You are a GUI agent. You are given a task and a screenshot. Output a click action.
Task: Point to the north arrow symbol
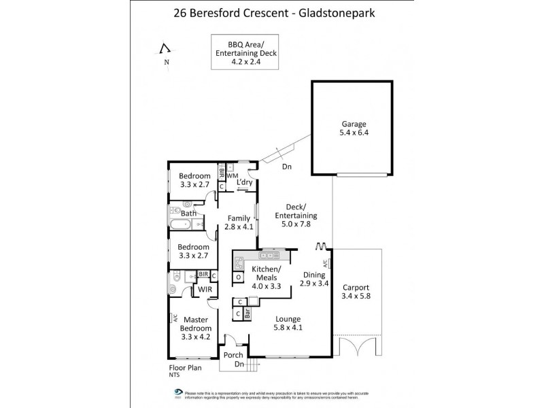[164, 49]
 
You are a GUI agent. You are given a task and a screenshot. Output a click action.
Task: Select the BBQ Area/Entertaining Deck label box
[236, 52]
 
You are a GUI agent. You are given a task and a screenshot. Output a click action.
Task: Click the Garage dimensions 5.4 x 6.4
[353, 134]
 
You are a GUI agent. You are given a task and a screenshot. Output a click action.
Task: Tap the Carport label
[356, 286]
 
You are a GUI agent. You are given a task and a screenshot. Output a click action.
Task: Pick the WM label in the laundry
[232, 176]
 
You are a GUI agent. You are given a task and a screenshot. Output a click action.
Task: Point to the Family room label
[239, 218]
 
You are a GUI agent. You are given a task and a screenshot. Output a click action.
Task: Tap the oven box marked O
[239, 277]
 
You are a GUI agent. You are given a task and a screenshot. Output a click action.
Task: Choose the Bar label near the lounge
[248, 313]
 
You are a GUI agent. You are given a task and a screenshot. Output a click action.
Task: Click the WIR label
[204, 290]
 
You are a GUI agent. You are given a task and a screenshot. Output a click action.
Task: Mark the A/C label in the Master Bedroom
[175, 318]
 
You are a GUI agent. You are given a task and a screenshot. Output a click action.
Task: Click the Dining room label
[313, 275]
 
